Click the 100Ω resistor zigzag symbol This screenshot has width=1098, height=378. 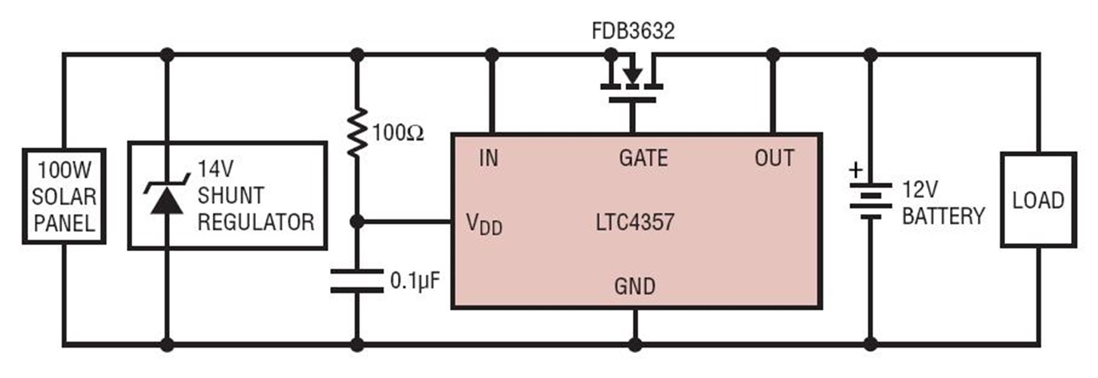[x=357, y=132]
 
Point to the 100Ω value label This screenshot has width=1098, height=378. [x=398, y=134]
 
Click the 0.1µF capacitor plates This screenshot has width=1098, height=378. [x=357, y=280]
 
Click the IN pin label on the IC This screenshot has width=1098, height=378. [x=489, y=158]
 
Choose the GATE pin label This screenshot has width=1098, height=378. [x=643, y=158]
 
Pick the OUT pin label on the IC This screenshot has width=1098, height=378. [x=774, y=158]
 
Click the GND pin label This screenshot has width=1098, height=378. [x=634, y=287]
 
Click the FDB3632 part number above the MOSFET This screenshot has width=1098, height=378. [x=633, y=33]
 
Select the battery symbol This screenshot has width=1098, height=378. [x=870, y=200]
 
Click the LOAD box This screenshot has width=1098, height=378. [x=1038, y=200]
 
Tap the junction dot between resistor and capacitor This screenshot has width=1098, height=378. [x=357, y=222]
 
